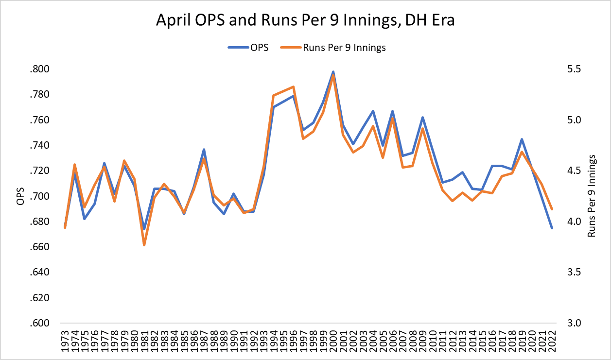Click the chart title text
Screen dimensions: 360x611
click(305, 21)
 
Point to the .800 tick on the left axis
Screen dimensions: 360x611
click(40, 69)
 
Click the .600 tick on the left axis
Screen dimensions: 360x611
click(40, 324)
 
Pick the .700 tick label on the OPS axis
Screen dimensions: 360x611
click(40, 196)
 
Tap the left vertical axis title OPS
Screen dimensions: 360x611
click(20, 196)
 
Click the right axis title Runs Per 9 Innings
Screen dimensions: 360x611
click(592, 196)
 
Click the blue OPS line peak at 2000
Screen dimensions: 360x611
click(333, 71)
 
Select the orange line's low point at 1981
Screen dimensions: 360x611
click(144, 245)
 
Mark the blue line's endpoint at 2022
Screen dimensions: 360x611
click(552, 228)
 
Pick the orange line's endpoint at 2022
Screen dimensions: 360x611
click(552, 209)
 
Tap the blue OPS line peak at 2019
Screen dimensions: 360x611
click(522, 139)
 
